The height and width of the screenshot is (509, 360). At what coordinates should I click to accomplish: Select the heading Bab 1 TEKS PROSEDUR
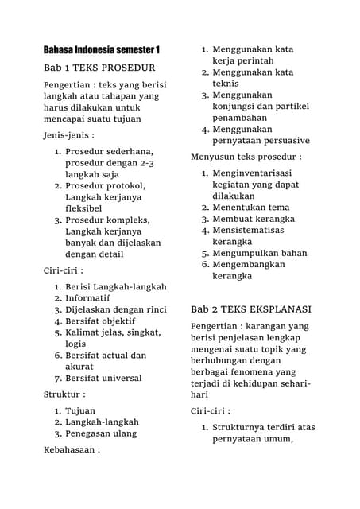pyautogui.click(x=99, y=68)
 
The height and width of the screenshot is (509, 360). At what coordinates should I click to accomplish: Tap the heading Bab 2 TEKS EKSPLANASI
pyautogui.click(x=252, y=308)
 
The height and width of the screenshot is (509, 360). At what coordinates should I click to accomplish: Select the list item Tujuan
pyautogui.click(x=80, y=410)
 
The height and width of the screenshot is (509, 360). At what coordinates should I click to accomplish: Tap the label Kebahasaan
pyautogui.click(x=72, y=450)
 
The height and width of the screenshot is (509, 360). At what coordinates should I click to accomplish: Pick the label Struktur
pyautogui.click(x=64, y=394)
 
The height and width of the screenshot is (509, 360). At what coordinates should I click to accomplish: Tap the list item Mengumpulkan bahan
pyautogui.click(x=259, y=253)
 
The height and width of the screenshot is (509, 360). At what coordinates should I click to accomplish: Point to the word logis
pyautogui.click(x=75, y=344)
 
